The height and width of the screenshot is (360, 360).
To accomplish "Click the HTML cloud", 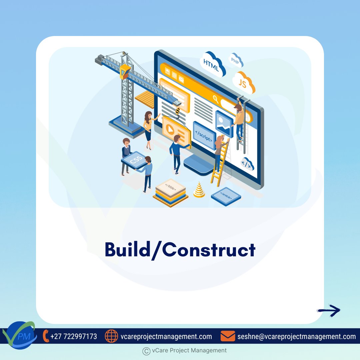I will (x=212, y=64).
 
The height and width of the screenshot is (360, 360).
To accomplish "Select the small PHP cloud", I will (x=236, y=60).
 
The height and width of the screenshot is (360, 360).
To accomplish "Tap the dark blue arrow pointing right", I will (x=329, y=310).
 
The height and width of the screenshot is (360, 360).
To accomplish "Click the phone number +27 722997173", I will (x=74, y=336).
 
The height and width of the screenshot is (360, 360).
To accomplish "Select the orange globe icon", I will (x=111, y=336).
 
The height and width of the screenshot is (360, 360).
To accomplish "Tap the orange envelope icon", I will (x=228, y=336).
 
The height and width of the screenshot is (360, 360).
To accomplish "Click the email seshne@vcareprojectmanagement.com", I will (x=296, y=336).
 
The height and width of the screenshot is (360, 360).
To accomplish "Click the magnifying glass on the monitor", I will (x=216, y=99).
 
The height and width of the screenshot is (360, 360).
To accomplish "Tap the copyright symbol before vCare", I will (x=146, y=351).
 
